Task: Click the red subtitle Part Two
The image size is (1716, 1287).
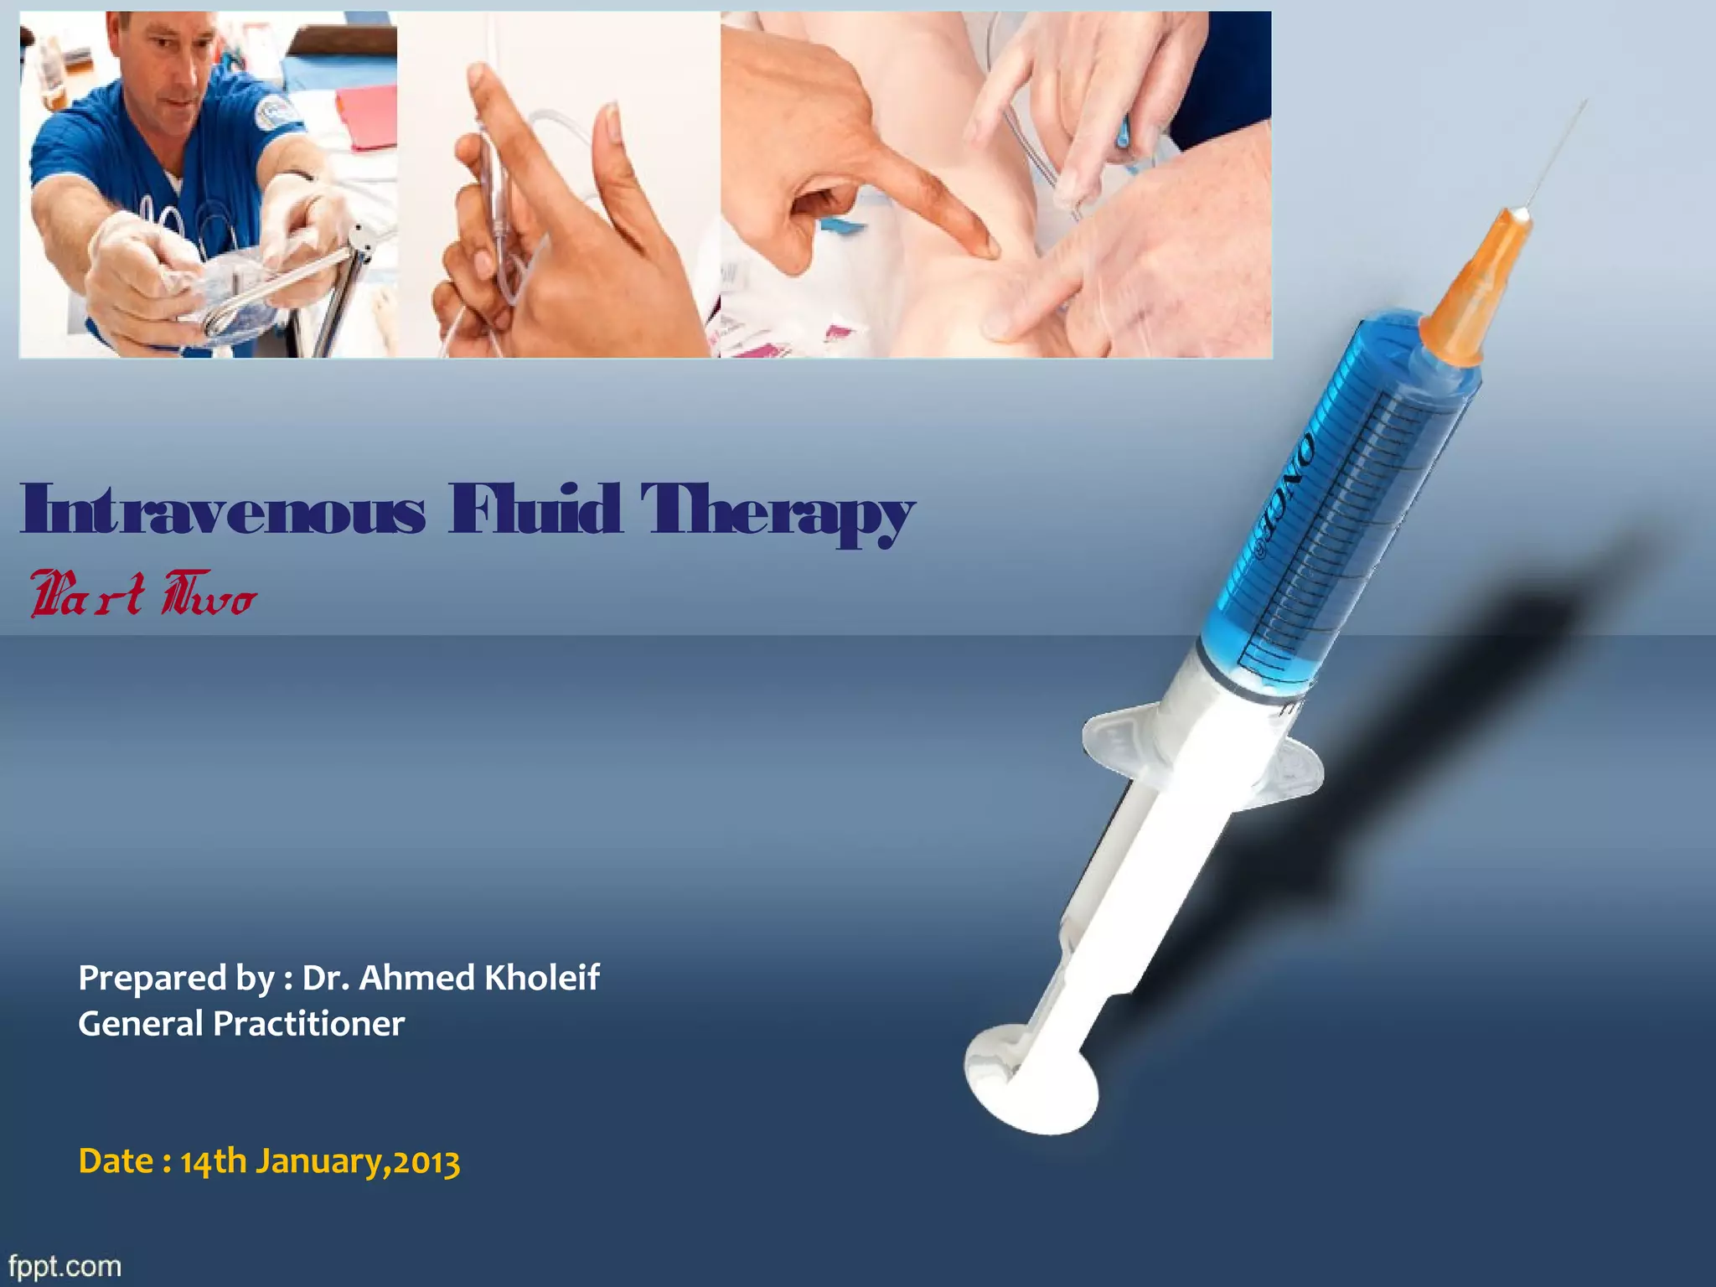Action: [x=142, y=594]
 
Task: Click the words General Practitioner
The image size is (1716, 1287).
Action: [x=241, y=1023]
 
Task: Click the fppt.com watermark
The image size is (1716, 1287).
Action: [x=65, y=1265]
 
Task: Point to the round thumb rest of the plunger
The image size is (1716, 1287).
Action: [x=1031, y=1081]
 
